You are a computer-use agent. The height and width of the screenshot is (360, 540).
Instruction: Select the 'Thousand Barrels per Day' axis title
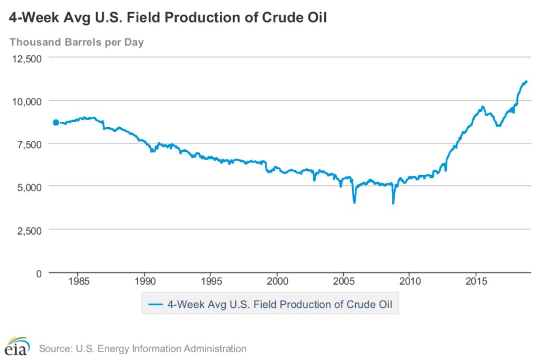[76, 42]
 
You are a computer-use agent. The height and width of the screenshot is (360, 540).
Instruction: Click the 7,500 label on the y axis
[30, 143]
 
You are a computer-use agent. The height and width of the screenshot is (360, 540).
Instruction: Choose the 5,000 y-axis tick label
[30, 187]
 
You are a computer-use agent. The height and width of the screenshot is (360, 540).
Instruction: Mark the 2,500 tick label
[30, 230]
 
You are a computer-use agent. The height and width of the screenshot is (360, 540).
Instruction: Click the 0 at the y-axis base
[38, 273]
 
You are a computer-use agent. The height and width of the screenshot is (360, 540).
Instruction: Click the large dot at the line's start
[56, 122]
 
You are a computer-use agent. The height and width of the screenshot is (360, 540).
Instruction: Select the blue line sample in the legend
[156, 304]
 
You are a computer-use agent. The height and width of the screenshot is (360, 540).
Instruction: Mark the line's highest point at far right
[526, 81]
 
